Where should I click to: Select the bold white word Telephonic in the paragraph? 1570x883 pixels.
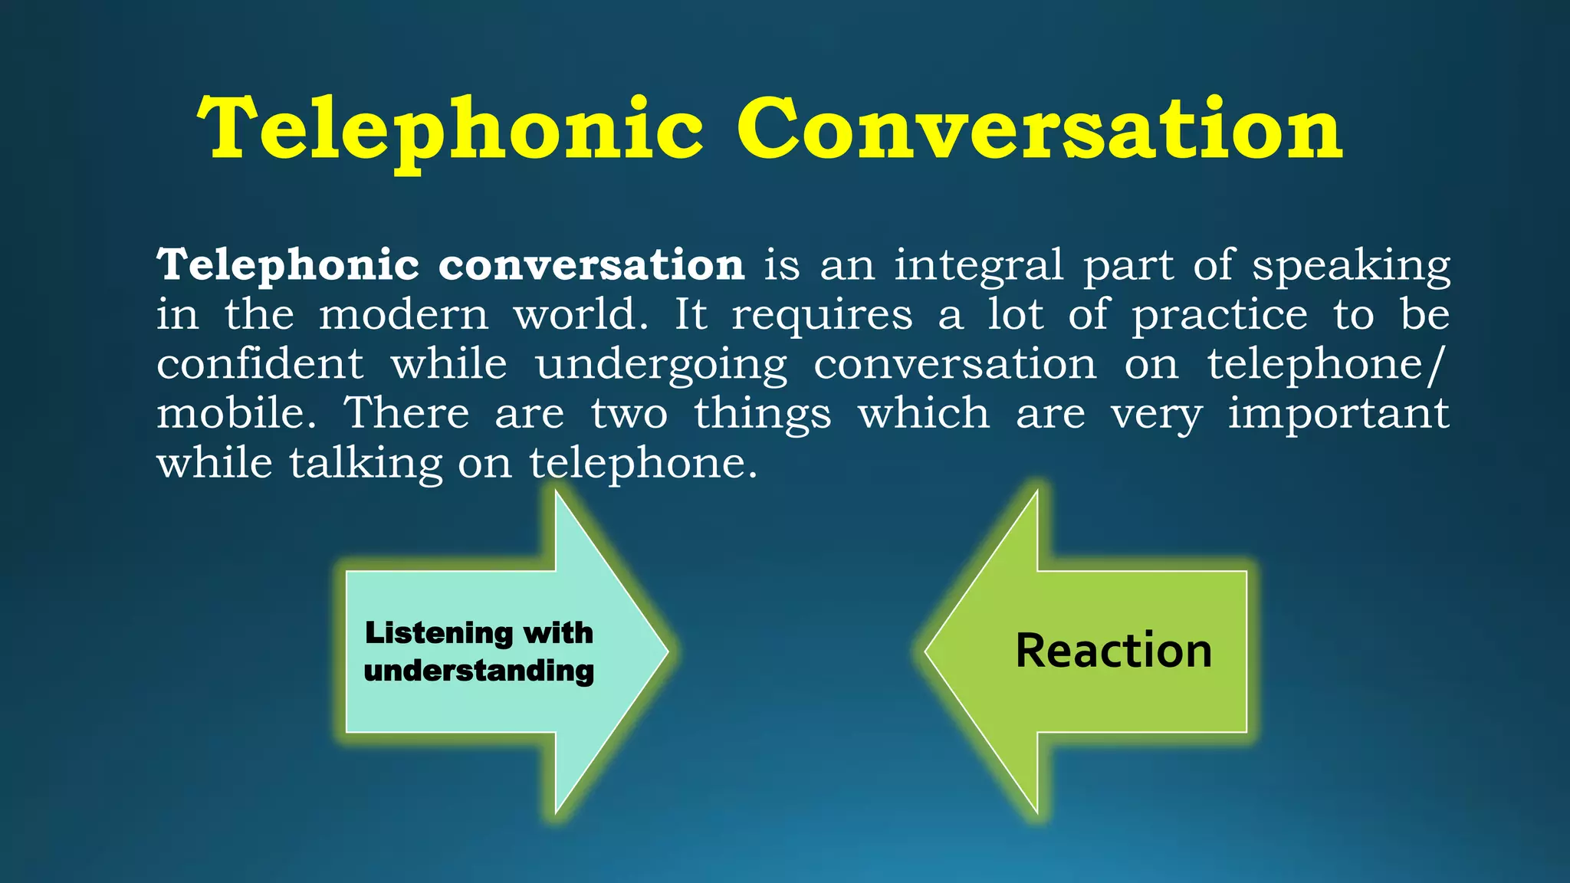pos(288,265)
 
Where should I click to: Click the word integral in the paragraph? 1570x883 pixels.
pos(979,267)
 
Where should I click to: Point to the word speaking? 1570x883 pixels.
pos(1351,267)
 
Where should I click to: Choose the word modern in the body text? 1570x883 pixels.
pos(403,315)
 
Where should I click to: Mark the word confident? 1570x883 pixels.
pos(260,364)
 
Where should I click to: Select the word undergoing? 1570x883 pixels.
pos(662,366)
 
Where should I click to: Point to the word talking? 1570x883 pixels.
pos(366,464)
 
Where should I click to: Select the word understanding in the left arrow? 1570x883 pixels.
pos(479,671)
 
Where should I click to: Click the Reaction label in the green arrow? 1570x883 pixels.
pos(1113,651)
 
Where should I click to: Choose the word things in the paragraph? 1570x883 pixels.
pos(763,414)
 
